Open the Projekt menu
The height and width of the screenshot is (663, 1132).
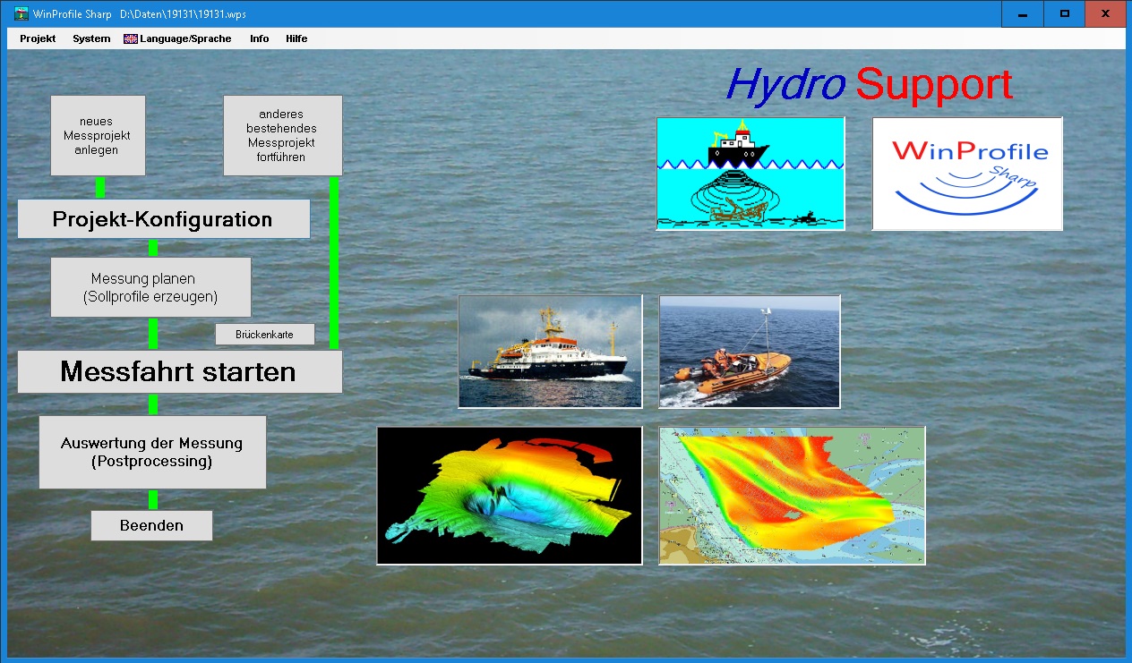click(x=38, y=38)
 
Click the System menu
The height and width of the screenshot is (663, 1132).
click(x=91, y=38)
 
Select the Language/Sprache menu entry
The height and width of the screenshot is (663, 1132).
click(x=177, y=38)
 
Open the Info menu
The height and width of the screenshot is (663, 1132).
click(x=259, y=38)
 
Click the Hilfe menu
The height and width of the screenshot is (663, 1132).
click(x=296, y=38)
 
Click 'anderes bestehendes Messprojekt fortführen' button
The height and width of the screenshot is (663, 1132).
click(x=282, y=135)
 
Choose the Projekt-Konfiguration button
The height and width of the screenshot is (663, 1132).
click(x=164, y=218)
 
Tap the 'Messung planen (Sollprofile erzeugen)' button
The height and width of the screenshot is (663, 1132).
click(x=150, y=287)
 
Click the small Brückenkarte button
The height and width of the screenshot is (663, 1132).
click(x=265, y=335)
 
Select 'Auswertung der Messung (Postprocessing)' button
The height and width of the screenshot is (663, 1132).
click(x=152, y=452)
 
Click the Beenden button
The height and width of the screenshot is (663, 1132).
click(x=151, y=525)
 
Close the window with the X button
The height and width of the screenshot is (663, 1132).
click(x=1105, y=13)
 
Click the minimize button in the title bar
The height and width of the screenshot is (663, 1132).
click(x=1023, y=13)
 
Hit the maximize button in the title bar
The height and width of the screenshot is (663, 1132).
click(x=1064, y=13)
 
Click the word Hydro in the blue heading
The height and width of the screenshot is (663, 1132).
click(x=785, y=85)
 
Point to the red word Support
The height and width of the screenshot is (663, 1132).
click(x=934, y=85)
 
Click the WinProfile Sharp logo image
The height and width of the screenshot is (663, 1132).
click(x=967, y=174)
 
